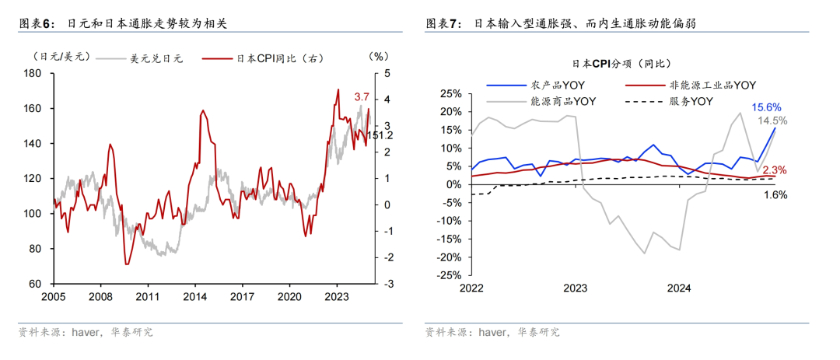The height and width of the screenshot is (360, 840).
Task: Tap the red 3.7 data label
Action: pos(362,97)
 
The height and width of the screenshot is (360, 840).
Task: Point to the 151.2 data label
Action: pos(380,135)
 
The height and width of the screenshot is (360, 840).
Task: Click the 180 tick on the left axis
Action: pos(32,74)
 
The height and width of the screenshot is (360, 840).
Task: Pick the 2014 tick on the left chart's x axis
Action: pos(194,296)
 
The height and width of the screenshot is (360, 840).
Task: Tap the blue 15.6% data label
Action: pos(767,107)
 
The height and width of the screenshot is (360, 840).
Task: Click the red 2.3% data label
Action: pos(774,170)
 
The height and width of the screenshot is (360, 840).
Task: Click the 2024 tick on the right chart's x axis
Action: pos(679,288)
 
